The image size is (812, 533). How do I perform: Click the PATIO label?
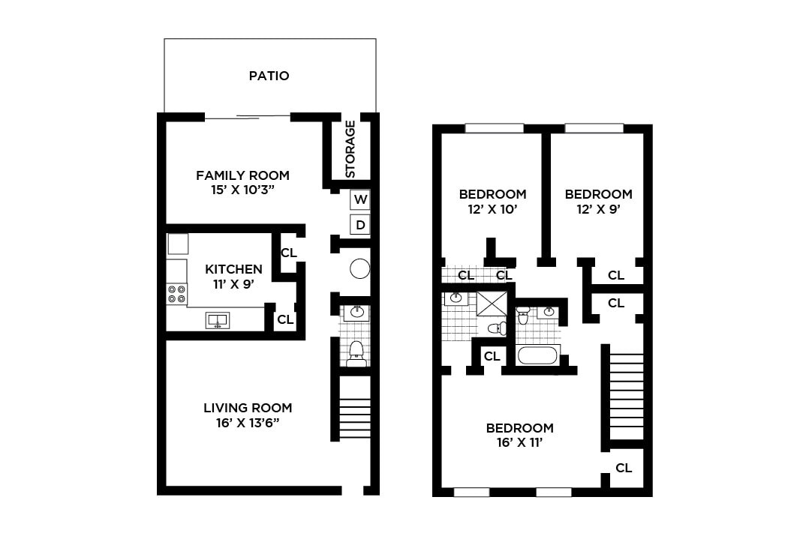(269, 76)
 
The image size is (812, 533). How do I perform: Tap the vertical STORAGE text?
(350, 149)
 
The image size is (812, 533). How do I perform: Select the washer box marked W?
(360, 200)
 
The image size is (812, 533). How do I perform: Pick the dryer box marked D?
(360, 225)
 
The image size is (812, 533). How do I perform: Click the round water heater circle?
(360, 269)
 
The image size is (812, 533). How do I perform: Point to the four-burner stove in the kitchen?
(177, 294)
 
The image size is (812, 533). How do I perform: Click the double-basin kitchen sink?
(218, 321)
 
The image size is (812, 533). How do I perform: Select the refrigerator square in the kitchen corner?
(178, 244)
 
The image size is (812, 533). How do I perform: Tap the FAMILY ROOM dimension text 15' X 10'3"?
(242, 190)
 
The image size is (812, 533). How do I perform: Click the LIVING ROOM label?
(248, 408)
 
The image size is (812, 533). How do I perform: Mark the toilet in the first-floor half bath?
(356, 351)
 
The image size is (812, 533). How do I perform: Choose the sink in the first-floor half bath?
(356, 313)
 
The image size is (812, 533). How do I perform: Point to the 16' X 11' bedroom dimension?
(519, 443)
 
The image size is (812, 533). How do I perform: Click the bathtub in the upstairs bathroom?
(538, 355)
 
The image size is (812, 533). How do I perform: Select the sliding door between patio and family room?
(247, 116)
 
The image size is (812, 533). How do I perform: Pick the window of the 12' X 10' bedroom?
(494, 128)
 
